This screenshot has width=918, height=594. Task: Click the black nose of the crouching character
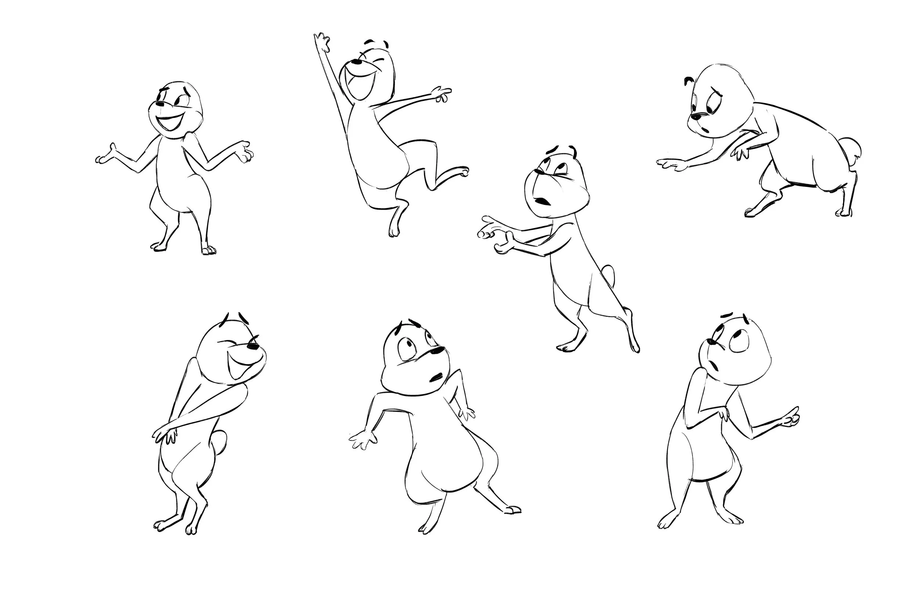[x=695, y=116]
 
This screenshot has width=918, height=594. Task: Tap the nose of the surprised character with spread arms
[x=438, y=351]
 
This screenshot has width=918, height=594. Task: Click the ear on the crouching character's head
[x=688, y=82]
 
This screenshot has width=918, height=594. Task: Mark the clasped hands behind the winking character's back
[x=166, y=435]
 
